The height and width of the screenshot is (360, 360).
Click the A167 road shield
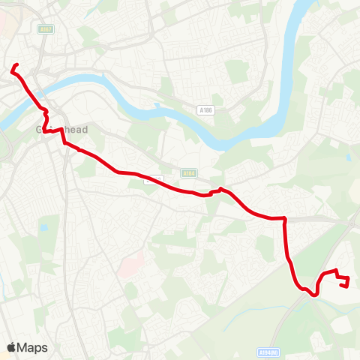[x=45, y=29]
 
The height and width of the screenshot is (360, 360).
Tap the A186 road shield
[x=205, y=110]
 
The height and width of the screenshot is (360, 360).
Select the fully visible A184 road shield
[x=188, y=173]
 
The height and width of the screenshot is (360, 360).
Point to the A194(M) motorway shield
[x=268, y=351]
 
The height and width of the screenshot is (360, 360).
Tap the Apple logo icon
[x=12, y=347]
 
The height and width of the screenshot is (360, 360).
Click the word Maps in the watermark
[x=33, y=347]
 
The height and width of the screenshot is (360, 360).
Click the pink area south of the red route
[x=131, y=264]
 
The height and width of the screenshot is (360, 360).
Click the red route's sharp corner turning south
[x=285, y=219]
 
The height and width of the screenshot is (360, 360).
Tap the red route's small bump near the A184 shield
[x=219, y=189]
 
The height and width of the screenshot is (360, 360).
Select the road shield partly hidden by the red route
[x=154, y=179]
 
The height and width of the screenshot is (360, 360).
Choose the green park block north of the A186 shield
[x=235, y=71]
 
